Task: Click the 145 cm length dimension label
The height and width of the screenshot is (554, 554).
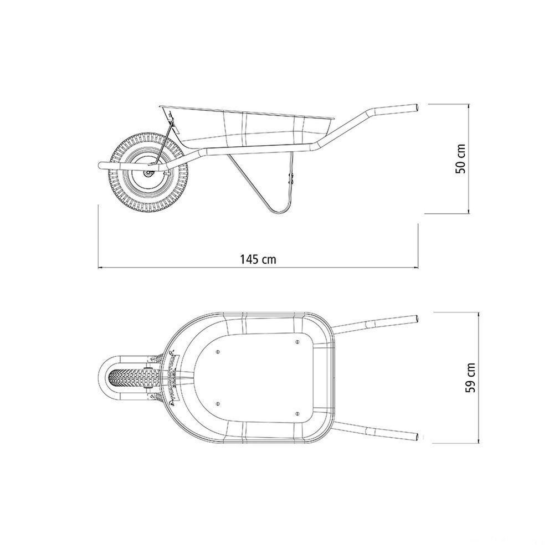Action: click(258, 259)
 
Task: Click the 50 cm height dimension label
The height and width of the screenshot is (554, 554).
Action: click(460, 158)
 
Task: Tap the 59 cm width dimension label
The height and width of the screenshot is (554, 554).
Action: click(470, 378)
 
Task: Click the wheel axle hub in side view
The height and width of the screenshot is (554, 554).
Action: click(148, 173)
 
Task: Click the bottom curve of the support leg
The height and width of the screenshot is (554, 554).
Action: click(279, 211)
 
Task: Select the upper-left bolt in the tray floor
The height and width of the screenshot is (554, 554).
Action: click(217, 351)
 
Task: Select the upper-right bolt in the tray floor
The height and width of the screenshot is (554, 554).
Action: click(297, 342)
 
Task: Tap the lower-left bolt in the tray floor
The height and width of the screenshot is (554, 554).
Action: click(217, 404)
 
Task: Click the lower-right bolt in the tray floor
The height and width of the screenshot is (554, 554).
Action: click(297, 413)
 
